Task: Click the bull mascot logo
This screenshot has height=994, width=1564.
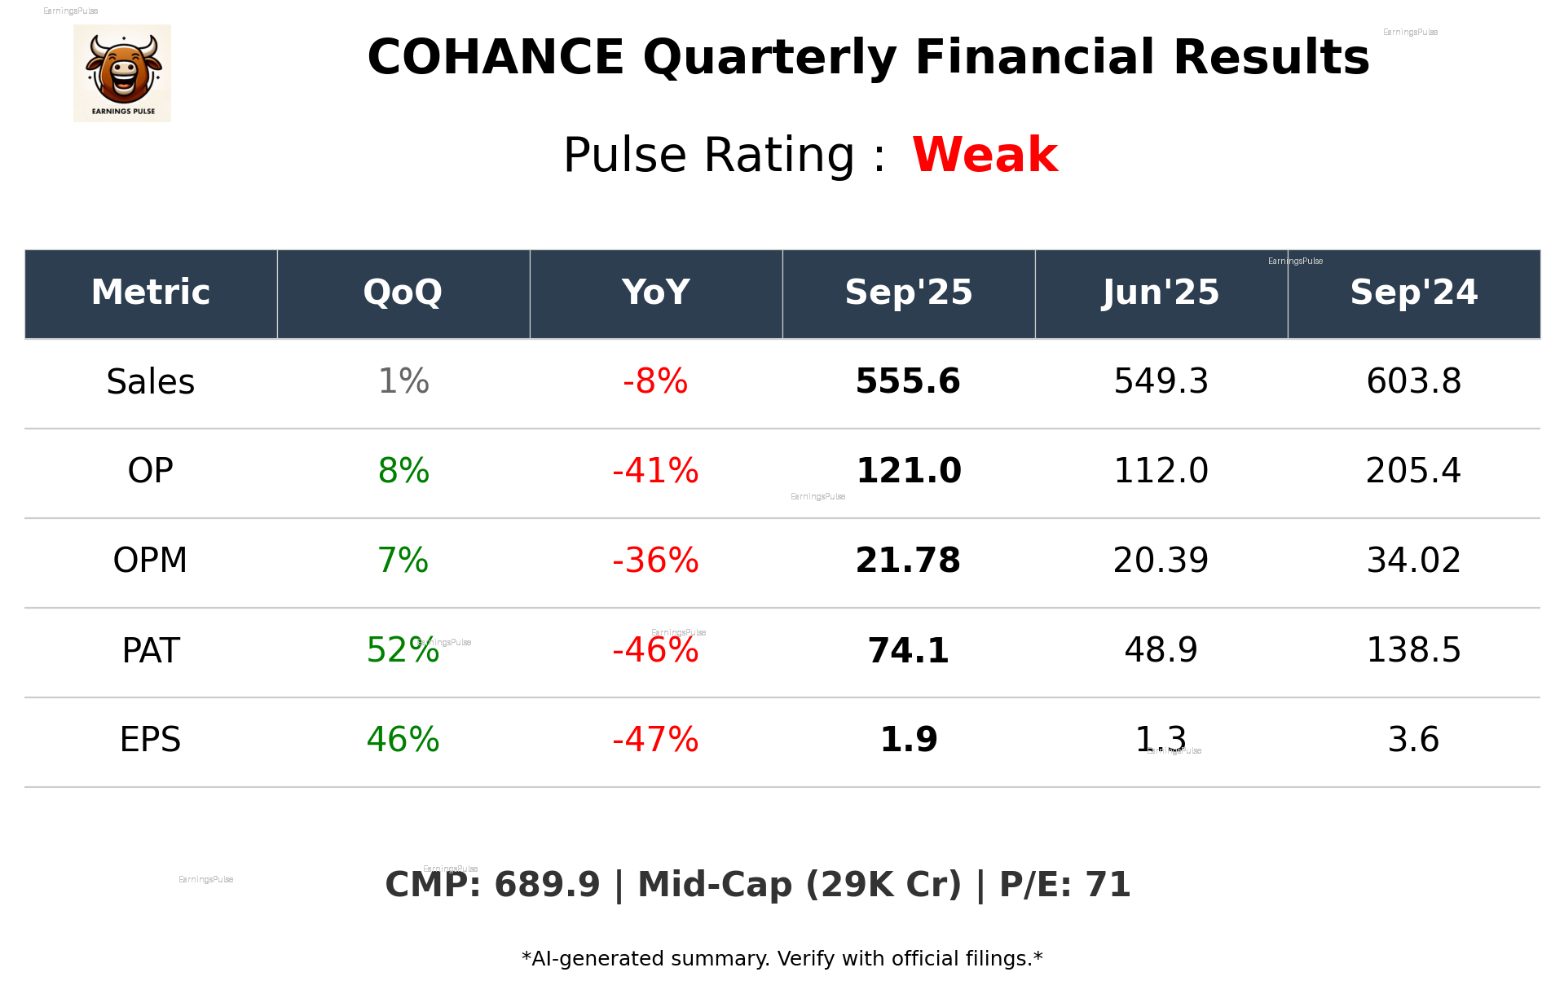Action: pos(122,73)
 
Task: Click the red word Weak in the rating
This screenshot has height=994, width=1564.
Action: pos(985,155)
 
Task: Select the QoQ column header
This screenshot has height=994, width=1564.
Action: pos(403,292)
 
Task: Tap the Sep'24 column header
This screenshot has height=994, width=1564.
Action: pos(1413,292)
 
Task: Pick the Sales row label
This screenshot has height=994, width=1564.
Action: pos(151,382)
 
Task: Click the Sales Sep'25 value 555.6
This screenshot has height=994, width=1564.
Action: pos(908,382)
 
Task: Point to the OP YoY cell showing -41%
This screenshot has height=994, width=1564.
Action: pos(655,472)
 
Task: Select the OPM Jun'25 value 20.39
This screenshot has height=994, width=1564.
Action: pos(1161,561)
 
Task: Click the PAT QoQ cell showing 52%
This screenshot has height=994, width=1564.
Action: pos(403,651)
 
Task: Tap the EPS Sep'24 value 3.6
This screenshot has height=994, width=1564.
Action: pos(1413,741)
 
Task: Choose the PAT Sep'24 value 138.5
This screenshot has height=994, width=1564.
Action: pos(1413,651)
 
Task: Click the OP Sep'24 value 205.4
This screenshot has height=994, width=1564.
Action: pos(1413,472)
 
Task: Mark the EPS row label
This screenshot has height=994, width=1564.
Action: pos(151,741)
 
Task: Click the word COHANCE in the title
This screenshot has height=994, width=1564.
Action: pos(496,59)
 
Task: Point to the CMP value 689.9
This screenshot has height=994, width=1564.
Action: pos(546,886)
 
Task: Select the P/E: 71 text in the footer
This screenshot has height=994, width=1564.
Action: pos(1064,886)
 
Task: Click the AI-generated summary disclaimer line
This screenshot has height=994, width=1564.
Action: pos(782,959)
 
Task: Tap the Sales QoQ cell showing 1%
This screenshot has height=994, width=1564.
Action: pos(403,382)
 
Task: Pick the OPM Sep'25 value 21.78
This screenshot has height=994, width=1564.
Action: pos(908,561)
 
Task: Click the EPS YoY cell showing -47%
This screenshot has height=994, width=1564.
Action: pos(655,741)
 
